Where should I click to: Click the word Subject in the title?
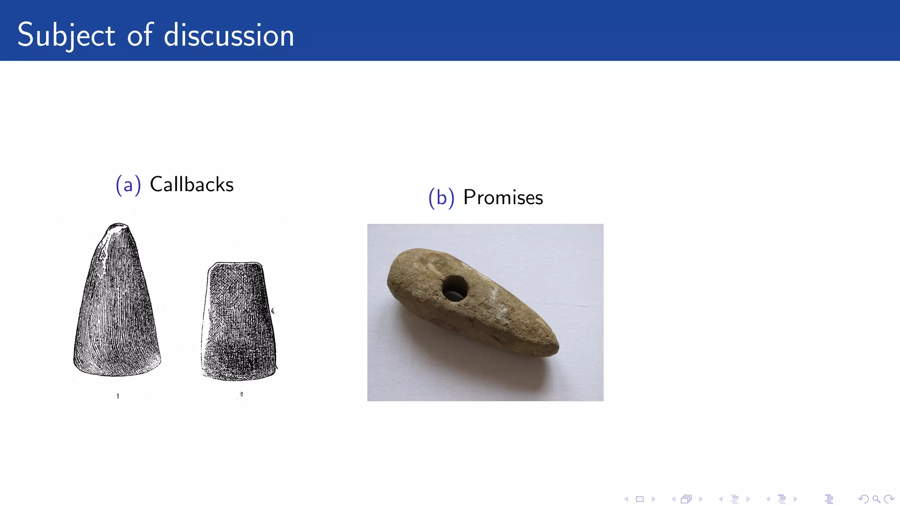66,35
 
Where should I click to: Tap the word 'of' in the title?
140,35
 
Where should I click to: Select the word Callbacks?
192,184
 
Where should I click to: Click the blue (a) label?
128,185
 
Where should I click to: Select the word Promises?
503,197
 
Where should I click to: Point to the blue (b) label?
441,198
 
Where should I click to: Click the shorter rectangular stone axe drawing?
239,321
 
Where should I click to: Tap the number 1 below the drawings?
118,396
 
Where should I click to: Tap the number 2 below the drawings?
241,394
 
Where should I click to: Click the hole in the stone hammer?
455,289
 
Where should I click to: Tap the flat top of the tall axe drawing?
118,226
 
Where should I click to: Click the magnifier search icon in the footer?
876,499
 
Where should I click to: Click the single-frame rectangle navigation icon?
640,499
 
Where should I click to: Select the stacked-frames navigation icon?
686,499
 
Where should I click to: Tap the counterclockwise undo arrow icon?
863,499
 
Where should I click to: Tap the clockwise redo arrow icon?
889,499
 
